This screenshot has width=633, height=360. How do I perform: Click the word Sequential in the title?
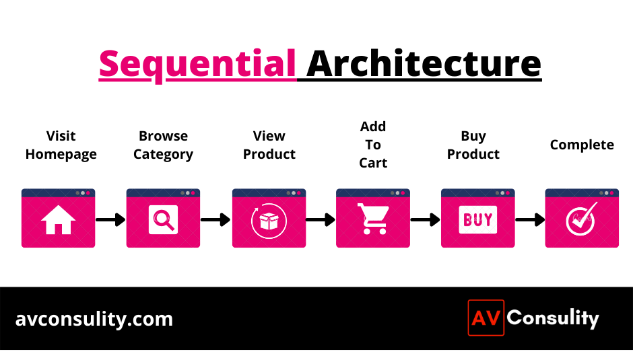pyautogui.click(x=197, y=65)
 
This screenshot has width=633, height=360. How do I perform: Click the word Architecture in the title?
pyautogui.click(x=424, y=63)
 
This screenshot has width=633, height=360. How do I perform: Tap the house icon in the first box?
pyautogui.click(x=58, y=220)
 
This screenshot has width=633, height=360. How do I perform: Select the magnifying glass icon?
pyautogui.click(x=163, y=220)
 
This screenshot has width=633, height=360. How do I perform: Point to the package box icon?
pyautogui.click(x=269, y=221)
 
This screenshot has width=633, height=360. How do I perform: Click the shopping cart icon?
pyautogui.click(x=374, y=219)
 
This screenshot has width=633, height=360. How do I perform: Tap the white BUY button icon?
pyautogui.click(x=478, y=220)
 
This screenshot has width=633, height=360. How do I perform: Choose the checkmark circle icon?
pyautogui.click(x=581, y=219)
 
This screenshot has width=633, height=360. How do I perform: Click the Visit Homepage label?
pyautogui.click(x=61, y=145)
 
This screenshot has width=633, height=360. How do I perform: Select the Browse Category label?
pyautogui.click(x=163, y=145)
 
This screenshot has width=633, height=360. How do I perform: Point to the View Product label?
pyautogui.click(x=269, y=145)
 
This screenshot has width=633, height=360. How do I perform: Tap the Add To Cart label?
pyautogui.click(x=373, y=145)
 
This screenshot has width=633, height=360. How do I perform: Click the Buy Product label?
pyautogui.click(x=473, y=145)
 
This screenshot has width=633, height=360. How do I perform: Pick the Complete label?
pyautogui.click(x=582, y=145)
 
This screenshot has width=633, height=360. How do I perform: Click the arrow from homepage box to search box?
pyautogui.click(x=110, y=220)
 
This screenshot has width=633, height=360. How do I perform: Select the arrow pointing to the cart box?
pyautogui.click(x=321, y=220)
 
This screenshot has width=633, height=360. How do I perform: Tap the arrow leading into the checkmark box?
pyautogui.click(x=530, y=220)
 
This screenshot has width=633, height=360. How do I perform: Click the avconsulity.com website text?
pyautogui.click(x=94, y=319)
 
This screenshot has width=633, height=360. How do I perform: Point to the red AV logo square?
pyautogui.click(x=486, y=318)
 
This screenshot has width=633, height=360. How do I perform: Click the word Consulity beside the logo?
pyautogui.click(x=553, y=318)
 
